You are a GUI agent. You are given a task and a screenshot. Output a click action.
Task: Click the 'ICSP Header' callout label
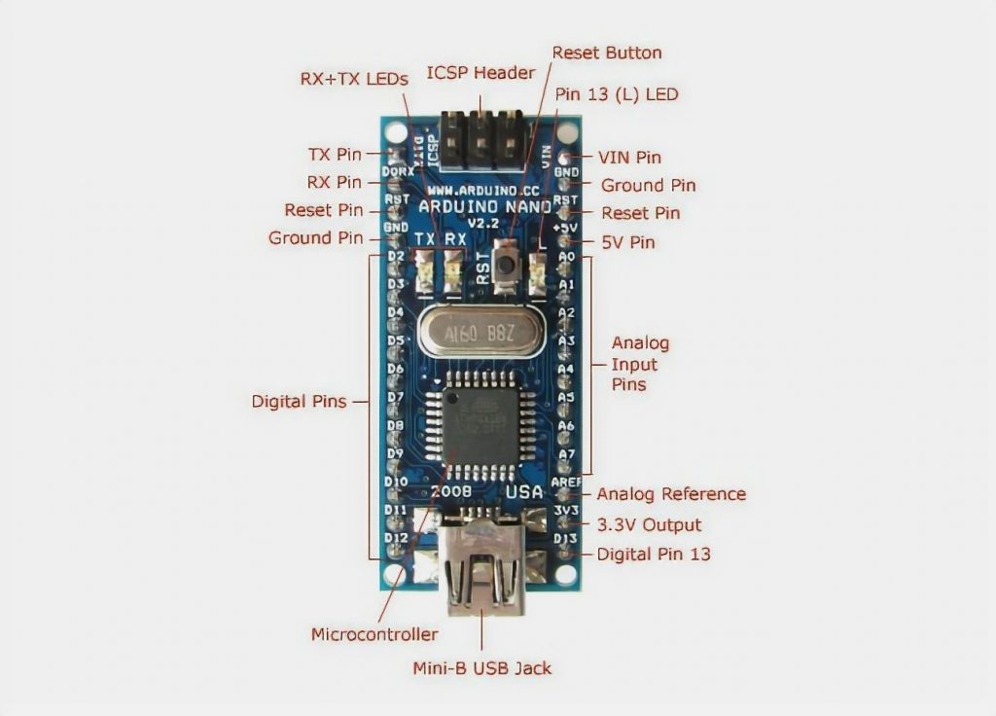click(480, 74)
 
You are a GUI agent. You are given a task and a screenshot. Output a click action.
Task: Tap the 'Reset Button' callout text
click(606, 53)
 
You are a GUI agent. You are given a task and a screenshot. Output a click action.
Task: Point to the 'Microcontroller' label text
click(374, 634)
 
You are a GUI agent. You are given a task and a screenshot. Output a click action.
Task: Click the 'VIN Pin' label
click(628, 157)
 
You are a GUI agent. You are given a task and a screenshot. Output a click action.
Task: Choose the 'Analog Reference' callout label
click(671, 494)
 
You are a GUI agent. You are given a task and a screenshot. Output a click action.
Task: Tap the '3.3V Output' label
click(649, 525)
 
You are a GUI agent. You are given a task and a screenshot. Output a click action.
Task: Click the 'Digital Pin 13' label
click(654, 555)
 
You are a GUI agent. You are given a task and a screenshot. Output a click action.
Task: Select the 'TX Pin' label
click(335, 155)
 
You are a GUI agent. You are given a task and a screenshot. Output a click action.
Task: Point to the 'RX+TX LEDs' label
click(353, 80)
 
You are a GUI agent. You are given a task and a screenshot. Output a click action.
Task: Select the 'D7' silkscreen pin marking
click(396, 397)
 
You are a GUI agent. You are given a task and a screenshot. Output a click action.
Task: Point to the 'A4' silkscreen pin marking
click(566, 369)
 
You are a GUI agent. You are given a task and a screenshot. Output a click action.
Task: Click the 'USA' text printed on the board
click(523, 492)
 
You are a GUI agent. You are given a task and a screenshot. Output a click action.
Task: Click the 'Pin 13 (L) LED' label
click(616, 94)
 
